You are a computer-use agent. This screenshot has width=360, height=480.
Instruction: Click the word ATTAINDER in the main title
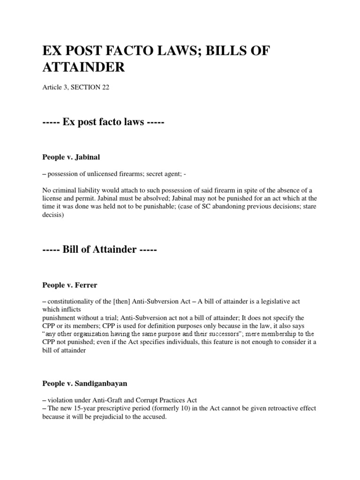(x=83, y=67)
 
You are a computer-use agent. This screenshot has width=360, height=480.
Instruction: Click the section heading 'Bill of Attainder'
(x=99, y=250)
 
